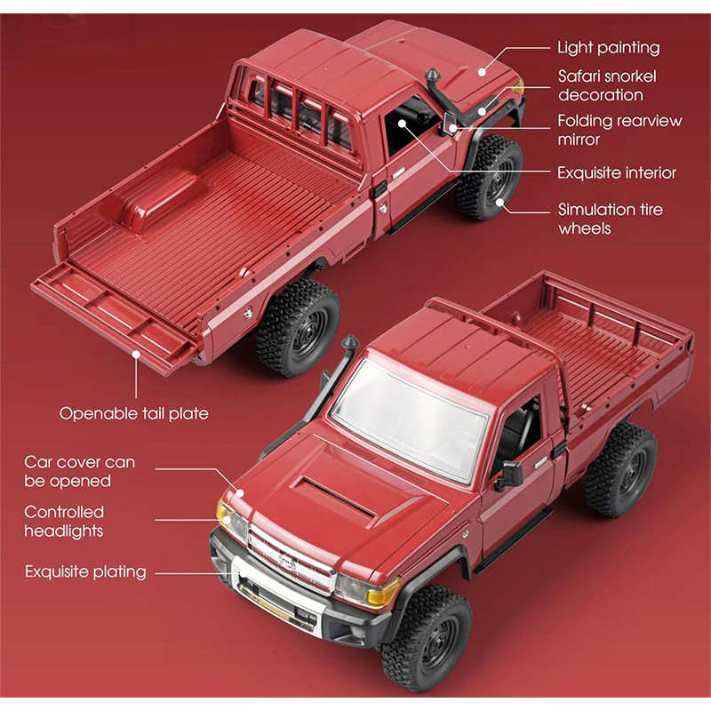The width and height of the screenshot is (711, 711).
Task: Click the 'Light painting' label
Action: (608, 48)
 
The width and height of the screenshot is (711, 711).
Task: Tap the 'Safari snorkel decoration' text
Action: (600, 85)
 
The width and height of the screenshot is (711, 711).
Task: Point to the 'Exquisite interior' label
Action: (616, 172)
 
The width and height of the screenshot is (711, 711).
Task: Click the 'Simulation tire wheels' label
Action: (610, 219)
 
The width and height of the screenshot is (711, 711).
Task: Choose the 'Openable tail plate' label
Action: (134, 413)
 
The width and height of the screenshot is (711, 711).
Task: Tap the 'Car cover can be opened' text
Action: (80, 471)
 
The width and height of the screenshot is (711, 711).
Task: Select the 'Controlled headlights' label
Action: (64, 521)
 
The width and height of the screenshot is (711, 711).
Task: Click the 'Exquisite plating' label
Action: (85, 571)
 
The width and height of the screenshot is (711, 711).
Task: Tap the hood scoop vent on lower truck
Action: (334, 497)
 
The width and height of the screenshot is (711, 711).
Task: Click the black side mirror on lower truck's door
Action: (510, 475)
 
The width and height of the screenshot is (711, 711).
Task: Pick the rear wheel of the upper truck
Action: (299, 327)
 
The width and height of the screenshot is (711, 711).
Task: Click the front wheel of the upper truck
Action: (489, 177)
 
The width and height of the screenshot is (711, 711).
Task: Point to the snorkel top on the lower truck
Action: (350, 342)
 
